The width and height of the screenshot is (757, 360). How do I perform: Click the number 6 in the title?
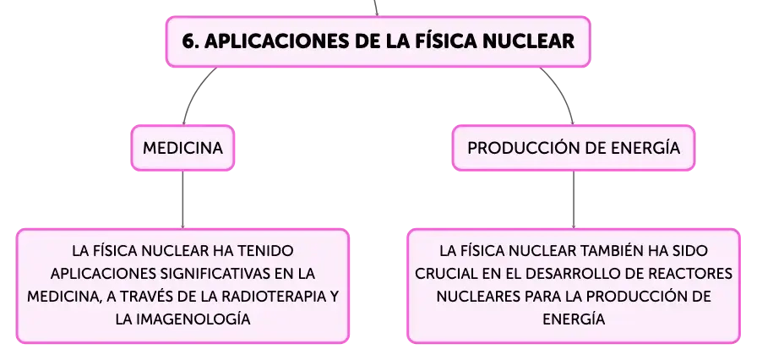point(188,41)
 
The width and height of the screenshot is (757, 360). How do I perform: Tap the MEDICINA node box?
point(182,148)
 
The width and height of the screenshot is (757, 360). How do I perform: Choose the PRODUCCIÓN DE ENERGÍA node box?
point(574,148)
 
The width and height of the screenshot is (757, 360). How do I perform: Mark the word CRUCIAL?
point(443,274)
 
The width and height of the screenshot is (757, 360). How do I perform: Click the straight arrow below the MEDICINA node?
point(182,199)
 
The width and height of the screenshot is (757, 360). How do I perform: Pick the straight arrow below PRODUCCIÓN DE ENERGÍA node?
point(574,199)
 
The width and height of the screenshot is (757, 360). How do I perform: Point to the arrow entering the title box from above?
point(375,8)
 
